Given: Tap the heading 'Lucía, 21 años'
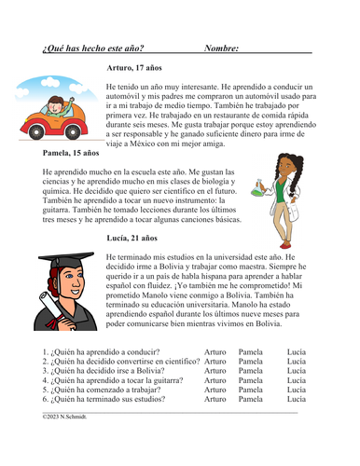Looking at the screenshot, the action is (x=132, y=239).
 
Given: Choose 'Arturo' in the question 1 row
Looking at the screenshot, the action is (x=215, y=353).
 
